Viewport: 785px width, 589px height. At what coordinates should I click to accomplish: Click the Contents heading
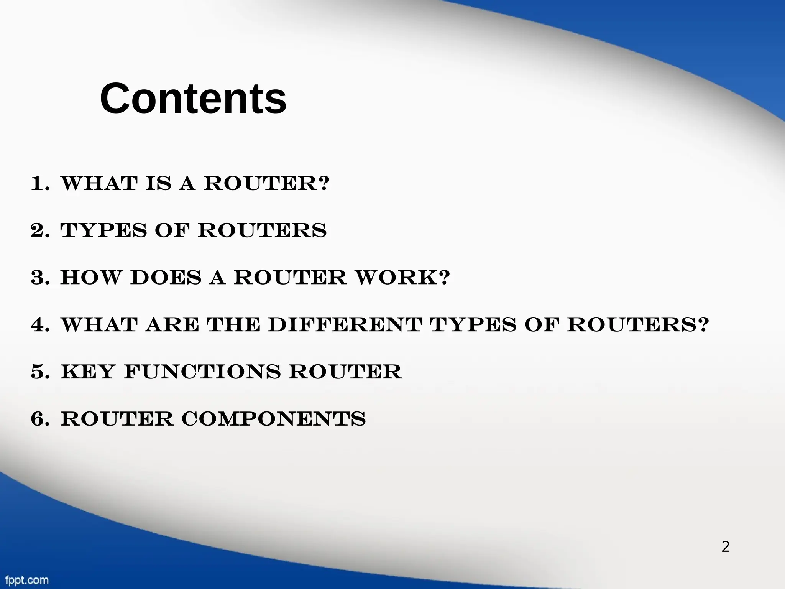(x=193, y=99)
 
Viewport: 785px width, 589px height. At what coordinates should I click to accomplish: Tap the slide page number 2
(x=725, y=547)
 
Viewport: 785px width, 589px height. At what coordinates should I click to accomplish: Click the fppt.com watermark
(x=26, y=580)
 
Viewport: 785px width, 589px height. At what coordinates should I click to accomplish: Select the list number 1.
(x=40, y=184)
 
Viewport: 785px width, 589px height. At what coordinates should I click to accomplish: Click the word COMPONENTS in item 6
(x=274, y=419)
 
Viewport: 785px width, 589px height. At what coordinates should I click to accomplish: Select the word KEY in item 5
(x=88, y=372)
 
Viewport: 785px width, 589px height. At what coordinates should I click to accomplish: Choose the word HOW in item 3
(x=90, y=278)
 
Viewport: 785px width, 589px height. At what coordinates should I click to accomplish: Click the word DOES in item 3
(x=166, y=278)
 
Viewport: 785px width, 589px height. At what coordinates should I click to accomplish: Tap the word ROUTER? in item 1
(x=266, y=184)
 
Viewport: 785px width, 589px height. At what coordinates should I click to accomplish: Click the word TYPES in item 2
(x=103, y=231)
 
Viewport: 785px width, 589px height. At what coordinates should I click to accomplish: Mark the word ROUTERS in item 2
(x=262, y=231)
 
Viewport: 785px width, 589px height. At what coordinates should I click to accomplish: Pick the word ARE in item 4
(x=172, y=325)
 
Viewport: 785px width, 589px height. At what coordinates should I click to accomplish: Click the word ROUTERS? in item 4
(x=638, y=325)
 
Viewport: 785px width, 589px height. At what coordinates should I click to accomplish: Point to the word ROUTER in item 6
(x=117, y=419)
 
